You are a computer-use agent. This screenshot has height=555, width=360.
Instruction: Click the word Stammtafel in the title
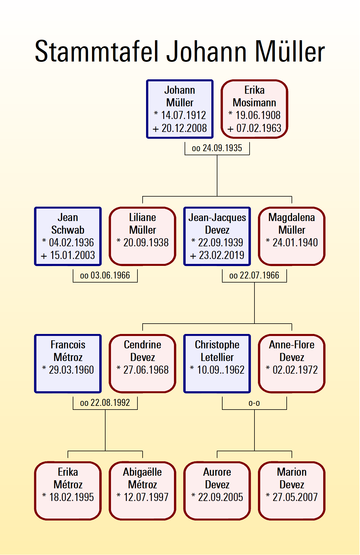[x=97, y=52]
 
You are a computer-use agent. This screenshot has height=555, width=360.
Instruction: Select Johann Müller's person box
[x=180, y=109]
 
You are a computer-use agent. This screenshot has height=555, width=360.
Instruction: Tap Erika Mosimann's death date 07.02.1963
[x=258, y=128]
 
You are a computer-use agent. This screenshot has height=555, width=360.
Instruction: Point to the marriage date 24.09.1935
[x=222, y=148]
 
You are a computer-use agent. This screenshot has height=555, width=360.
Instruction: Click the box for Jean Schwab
[x=68, y=236]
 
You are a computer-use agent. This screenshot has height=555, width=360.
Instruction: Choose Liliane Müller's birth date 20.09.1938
[x=146, y=243]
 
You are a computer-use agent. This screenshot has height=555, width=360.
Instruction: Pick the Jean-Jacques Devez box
[x=217, y=236]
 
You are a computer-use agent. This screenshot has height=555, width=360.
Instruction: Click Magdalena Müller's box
[x=292, y=236]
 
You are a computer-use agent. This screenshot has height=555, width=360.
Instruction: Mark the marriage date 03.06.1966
[x=110, y=276]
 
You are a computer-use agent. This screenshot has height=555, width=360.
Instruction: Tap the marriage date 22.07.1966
[x=259, y=276]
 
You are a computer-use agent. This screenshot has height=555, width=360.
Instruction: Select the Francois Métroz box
[x=68, y=364]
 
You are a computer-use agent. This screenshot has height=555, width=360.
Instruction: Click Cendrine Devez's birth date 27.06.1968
[x=146, y=370]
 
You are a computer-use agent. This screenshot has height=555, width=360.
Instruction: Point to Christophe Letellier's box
[x=217, y=364]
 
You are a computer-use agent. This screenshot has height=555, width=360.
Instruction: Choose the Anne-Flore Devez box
[x=292, y=364]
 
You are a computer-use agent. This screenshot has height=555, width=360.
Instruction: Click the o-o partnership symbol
[x=254, y=403]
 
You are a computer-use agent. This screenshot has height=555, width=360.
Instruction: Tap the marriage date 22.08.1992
[x=110, y=403]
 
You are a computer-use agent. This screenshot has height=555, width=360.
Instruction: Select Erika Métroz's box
[x=68, y=491]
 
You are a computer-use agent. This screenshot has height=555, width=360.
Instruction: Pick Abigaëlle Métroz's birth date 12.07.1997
[x=146, y=497]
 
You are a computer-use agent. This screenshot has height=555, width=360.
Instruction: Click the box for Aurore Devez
[x=217, y=491]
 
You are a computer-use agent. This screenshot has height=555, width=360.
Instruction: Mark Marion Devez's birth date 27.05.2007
[x=295, y=497]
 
